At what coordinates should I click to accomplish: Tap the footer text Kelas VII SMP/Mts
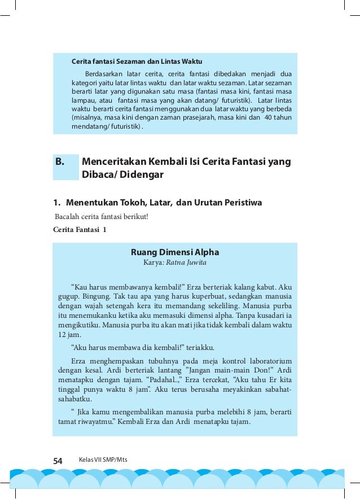point(103,460)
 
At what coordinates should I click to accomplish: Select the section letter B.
point(60,162)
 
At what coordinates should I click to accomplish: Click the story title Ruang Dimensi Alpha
point(174,252)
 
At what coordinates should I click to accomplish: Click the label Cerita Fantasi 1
point(79,230)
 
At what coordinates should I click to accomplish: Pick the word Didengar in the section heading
point(144,175)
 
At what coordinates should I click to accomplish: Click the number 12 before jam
point(63,334)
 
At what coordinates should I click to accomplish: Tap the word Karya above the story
point(154,262)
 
